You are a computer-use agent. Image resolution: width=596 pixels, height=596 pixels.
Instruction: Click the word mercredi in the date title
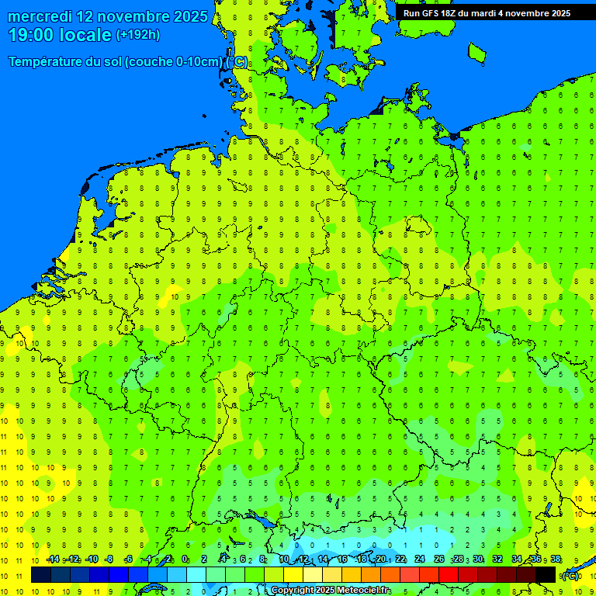(x=40, y=16)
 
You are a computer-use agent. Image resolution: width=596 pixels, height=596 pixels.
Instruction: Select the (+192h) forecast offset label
(x=137, y=34)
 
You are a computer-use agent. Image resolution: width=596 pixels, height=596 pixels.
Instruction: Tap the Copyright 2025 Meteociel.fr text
(x=331, y=591)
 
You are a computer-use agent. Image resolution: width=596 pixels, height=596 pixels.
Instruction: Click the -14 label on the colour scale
(x=53, y=560)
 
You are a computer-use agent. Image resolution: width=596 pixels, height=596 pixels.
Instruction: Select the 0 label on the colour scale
(x=185, y=560)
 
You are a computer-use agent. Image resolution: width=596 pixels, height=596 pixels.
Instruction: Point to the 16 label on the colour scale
(x=342, y=560)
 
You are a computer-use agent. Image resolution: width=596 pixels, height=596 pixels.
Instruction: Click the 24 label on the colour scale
(x=420, y=560)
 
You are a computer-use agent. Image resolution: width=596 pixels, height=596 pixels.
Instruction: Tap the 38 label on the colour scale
(x=556, y=560)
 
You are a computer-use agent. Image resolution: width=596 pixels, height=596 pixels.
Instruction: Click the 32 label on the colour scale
(x=497, y=560)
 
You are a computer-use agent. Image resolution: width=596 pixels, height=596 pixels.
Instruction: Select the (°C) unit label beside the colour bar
(x=570, y=575)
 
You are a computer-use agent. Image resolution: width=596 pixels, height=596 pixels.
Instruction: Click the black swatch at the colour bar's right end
(x=546, y=574)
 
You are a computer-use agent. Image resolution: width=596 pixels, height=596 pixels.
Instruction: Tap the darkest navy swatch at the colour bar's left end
(x=40, y=574)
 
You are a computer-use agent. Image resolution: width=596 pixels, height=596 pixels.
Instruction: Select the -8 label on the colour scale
(x=109, y=560)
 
